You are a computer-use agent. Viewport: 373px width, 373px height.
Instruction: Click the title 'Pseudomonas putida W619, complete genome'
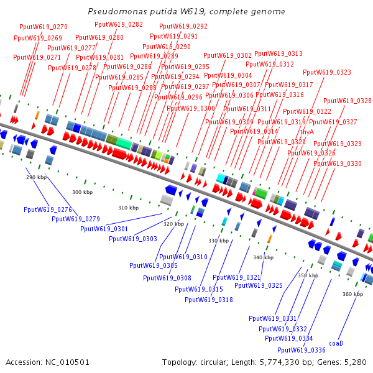[186, 12]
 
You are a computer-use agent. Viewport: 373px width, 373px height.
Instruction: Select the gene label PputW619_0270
[44, 27]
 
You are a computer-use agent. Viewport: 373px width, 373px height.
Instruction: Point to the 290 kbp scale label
[36, 177]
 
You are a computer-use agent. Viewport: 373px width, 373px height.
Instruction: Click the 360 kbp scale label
[352, 294]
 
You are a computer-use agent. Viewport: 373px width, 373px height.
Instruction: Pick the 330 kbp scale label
[218, 241]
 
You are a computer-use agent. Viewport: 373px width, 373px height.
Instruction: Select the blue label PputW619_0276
[48, 210]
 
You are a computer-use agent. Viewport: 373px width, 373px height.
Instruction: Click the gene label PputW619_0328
[348, 101]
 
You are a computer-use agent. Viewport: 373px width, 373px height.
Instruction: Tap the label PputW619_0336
[302, 350]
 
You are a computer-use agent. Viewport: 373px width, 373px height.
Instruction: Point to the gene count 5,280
[356, 362]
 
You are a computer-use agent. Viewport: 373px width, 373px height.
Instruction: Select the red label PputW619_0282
[119, 25]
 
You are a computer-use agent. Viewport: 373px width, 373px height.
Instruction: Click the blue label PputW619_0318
[209, 300]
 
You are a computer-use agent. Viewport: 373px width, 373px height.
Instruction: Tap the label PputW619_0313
[279, 54]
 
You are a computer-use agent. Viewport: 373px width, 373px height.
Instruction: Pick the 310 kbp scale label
[129, 208]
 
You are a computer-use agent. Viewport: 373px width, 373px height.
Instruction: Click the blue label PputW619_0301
[104, 229]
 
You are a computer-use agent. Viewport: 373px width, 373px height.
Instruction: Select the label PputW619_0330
[338, 163]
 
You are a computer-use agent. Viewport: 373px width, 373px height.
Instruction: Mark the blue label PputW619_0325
[259, 286]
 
